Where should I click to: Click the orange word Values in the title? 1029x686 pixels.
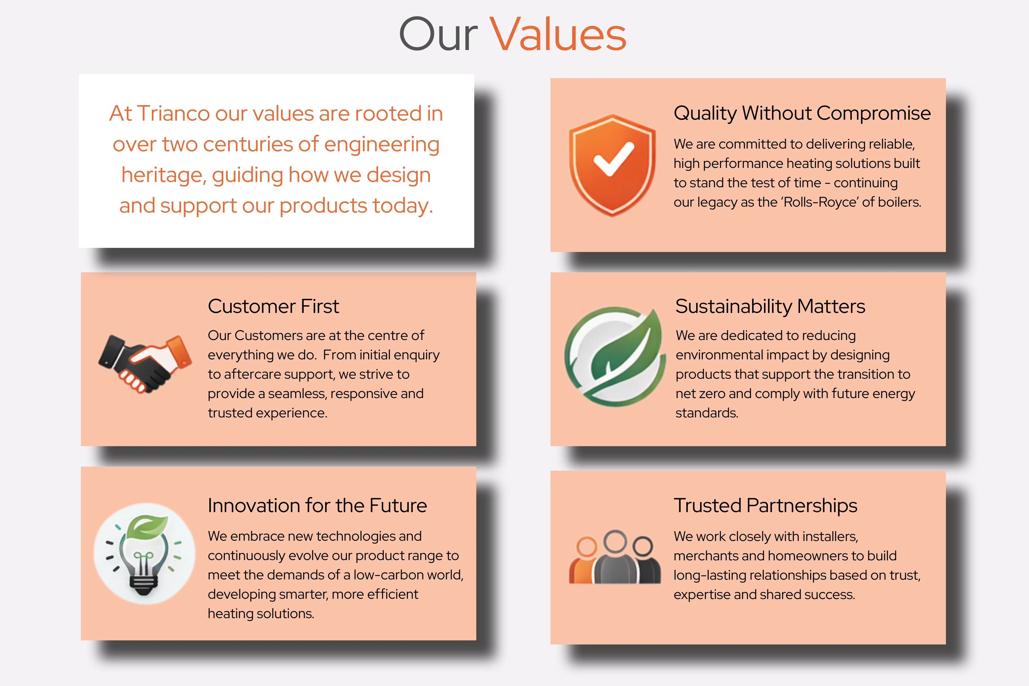[x=558, y=34]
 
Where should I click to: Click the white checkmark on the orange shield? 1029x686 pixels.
[x=613, y=159]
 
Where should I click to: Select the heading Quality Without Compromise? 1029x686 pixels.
[x=802, y=113]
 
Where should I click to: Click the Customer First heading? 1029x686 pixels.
[x=273, y=306]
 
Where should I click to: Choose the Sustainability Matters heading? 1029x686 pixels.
[x=770, y=306]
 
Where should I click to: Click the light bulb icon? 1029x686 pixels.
[x=144, y=554]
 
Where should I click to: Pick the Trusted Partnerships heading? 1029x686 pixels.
[x=765, y=506]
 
